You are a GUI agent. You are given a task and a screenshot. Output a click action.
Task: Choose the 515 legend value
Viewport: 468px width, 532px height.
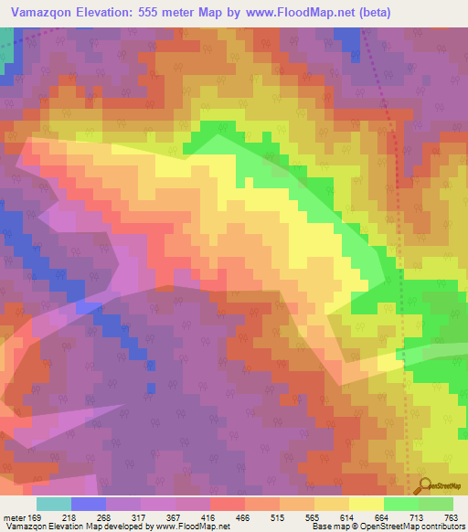coord(337,517)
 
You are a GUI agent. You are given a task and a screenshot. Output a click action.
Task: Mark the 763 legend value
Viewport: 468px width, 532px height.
coord(450,517)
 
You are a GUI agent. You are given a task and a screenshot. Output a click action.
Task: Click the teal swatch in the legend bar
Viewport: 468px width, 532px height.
coord(53,504)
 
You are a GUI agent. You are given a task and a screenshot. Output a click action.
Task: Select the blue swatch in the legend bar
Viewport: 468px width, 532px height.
coord(88,504)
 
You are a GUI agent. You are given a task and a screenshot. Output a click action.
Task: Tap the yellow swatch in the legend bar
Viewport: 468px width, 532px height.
coord(366,504)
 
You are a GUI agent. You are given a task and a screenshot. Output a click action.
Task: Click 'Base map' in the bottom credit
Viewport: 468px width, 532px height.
coord(329,527)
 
